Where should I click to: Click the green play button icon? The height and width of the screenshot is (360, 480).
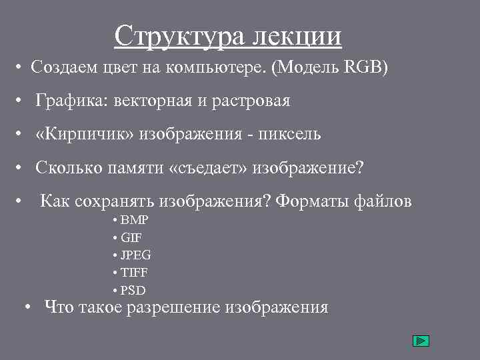[421, 341]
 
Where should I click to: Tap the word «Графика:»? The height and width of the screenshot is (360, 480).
[72, 101]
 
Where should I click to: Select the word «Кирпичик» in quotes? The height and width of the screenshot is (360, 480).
[87, 135]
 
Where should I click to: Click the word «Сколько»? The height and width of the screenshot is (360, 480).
[68, 168]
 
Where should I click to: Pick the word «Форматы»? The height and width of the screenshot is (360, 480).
[311, 201]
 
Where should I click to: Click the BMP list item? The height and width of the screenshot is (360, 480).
[135, 220]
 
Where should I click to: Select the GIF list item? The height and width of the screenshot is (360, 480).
[131, 237]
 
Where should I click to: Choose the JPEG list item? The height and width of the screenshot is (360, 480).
[136, 255]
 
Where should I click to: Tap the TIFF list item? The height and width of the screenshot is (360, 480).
[134, 273]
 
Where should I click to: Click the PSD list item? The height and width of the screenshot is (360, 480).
[133, 291]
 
